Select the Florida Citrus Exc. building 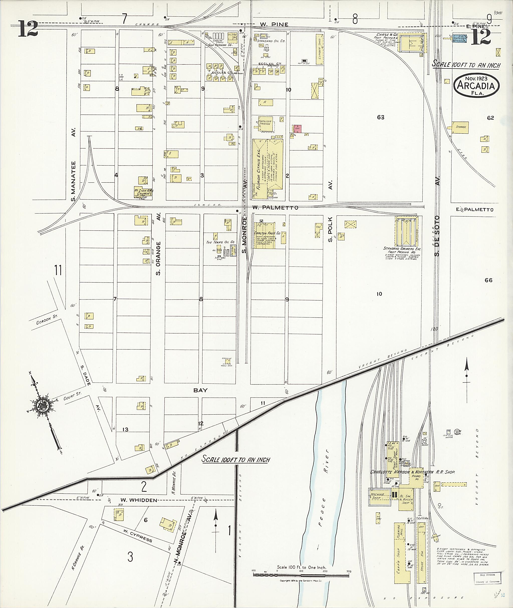(268, 168)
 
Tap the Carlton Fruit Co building (265, 235)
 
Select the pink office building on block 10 (298, 129)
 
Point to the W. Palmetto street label (275, 208)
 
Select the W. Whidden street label (139, 500)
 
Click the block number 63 (380, 117)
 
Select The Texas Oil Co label (220, 242)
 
